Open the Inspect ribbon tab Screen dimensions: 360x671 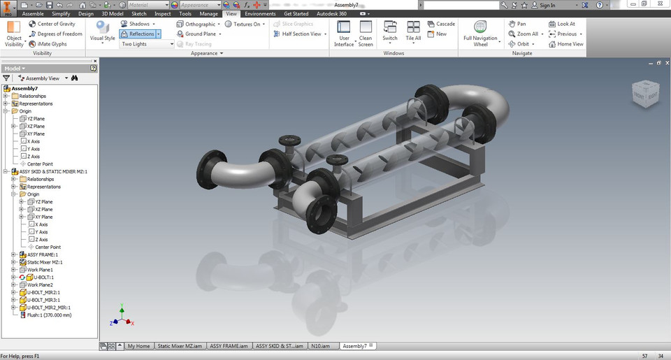point(162,13)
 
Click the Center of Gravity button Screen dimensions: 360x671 point(56,24)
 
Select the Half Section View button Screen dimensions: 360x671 point(301,34)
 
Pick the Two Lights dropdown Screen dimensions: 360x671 point(146,44)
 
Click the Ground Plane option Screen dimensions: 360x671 point(200,34)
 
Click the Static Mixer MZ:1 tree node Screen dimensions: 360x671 point(45,262)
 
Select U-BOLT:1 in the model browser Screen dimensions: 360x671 point(41,278)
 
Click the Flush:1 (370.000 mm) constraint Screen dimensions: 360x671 point(49,315)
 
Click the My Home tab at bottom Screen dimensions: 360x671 point(138,346)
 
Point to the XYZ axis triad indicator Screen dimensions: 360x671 point(122,318)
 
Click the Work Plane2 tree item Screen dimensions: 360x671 point(40,285)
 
